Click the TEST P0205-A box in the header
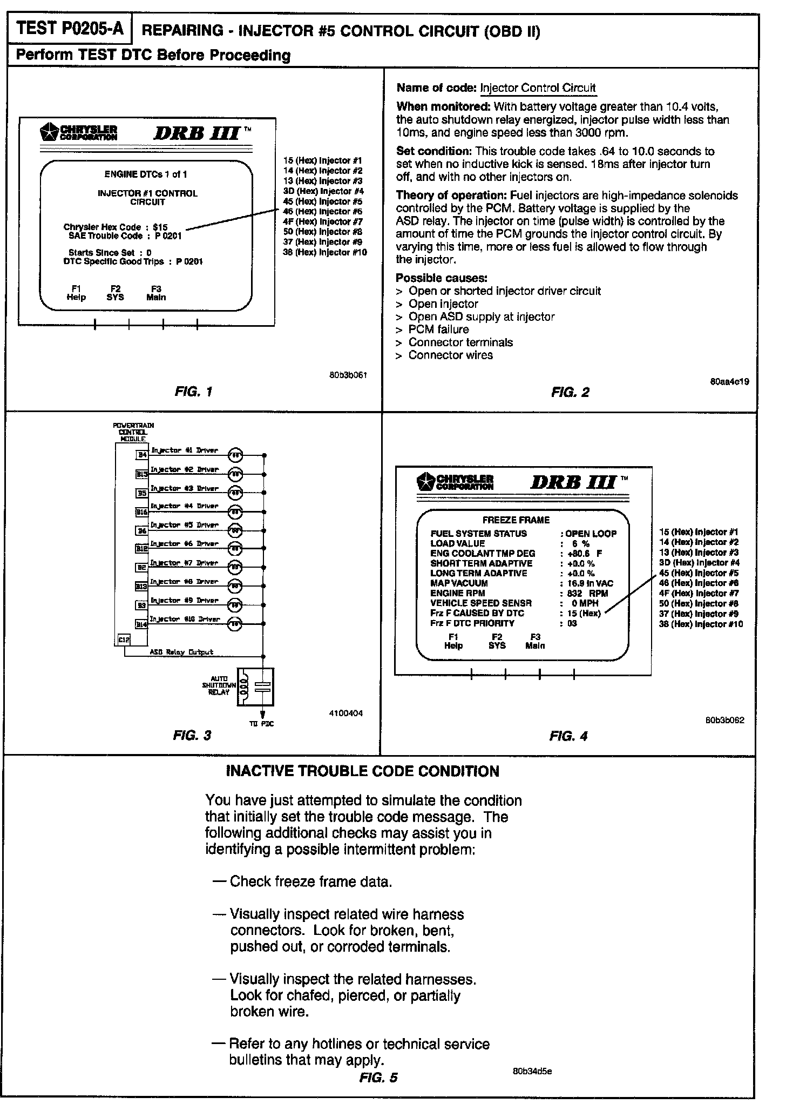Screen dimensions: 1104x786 pos(69,29)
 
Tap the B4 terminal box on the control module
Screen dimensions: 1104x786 pos(142,455)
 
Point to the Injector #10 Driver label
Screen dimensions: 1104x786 pos(185,619)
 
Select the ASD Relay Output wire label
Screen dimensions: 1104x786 pos(181,652)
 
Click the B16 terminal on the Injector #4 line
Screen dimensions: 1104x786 pos(141,511)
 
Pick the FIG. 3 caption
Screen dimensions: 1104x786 pos(192,735)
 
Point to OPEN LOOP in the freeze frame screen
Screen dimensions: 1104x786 pos(591,534)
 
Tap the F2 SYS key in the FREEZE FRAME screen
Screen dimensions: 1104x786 pos(497,641)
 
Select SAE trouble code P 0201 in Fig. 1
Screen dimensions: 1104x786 pos(168,236)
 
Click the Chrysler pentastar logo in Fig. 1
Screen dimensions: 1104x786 pos(49,131)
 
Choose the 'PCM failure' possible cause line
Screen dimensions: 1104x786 pos(438,329)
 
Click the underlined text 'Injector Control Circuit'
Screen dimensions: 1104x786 pos(538,88)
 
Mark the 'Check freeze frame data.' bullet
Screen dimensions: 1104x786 pos(310,881)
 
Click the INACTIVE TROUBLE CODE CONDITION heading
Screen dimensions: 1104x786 pos(362,771)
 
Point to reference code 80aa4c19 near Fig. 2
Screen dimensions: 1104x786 pos(729,381)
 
